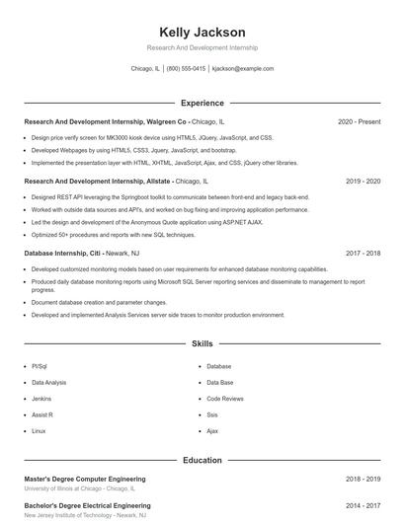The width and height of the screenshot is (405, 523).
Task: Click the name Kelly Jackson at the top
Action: [202, 33]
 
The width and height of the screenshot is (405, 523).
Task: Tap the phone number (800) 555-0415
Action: [186, 69]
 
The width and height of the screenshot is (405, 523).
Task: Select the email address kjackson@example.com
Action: [243, 69]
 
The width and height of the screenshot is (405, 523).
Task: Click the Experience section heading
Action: [202, 103]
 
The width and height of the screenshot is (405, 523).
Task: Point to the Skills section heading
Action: [202, 343]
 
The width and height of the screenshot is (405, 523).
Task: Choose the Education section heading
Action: [202, 460]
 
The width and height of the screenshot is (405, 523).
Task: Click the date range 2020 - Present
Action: [359, 121]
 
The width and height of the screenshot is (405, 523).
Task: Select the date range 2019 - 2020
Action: [363, 182]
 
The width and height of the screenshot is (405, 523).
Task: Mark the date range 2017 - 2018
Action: [363, 253]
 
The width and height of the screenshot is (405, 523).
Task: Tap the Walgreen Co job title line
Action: [124, 121]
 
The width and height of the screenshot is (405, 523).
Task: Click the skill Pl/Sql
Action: [39, 365]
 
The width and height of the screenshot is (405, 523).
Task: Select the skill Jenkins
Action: [41, 399]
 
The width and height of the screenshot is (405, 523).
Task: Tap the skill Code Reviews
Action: [225, 399]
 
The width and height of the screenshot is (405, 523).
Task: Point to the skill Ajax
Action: [212, 431]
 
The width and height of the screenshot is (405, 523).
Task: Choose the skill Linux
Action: [39, 431]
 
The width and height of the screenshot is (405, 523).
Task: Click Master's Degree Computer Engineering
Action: [87, 479]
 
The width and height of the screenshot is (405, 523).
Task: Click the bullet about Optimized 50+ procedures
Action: [114, 235]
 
